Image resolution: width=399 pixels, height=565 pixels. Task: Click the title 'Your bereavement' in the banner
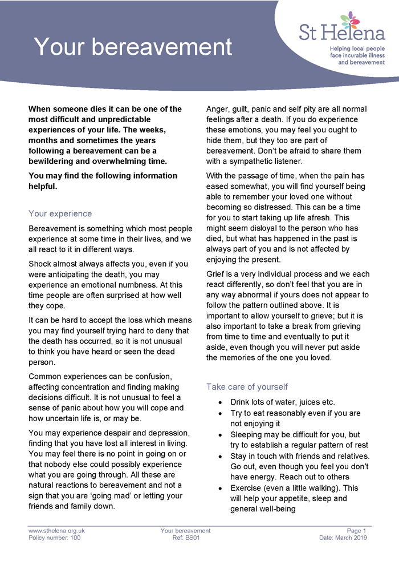[133, 47]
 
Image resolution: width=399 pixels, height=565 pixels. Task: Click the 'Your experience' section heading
[60, 213]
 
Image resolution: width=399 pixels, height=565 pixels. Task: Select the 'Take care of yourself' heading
[247, 386]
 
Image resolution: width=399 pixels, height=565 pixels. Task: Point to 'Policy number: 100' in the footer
[54, 538]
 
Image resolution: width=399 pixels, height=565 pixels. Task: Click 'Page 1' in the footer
[357, 531]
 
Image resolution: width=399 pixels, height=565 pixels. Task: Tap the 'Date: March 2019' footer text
[343, 538]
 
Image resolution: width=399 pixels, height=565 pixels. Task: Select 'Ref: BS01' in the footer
[186, 538]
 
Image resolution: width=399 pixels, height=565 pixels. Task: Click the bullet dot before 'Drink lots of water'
[221, 402]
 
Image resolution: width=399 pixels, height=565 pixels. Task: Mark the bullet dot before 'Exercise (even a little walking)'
[221, 489]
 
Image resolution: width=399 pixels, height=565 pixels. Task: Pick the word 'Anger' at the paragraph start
[218, 109]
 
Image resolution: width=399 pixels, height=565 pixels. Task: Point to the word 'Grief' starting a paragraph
[217, 273]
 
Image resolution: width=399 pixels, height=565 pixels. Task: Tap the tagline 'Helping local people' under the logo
[357, 49]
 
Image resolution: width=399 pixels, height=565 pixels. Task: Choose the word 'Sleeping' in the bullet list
[249, 434]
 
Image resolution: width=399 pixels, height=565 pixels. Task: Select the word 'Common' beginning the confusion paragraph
[46, 376]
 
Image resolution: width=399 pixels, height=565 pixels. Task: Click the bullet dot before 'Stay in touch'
[221, 457]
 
